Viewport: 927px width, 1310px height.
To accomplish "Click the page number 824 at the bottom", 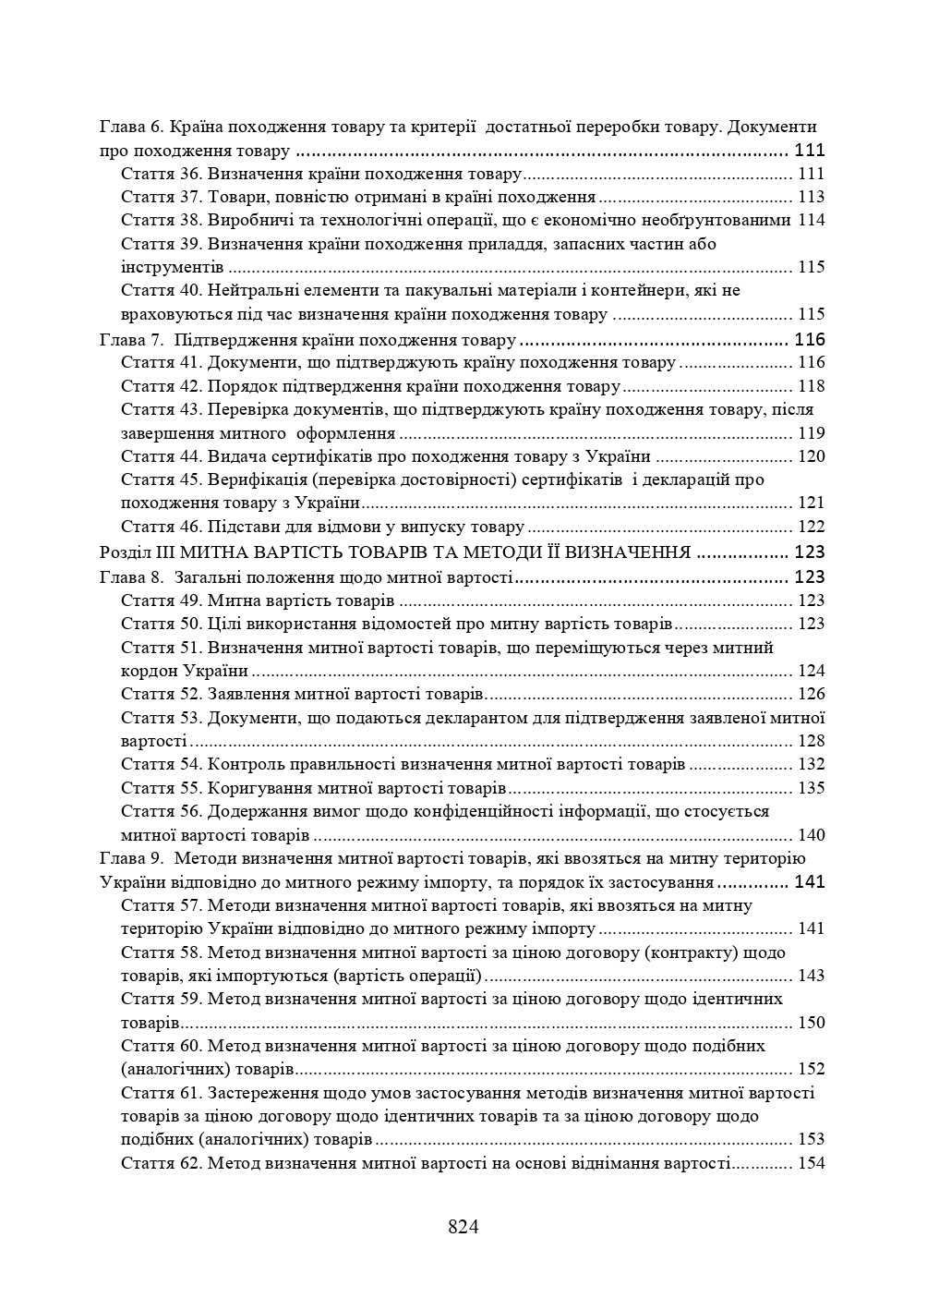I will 463,1227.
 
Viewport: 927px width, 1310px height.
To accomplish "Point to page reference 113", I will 811,197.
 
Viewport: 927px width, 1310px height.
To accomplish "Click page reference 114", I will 811,220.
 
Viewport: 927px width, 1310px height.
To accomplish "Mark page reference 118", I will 811,386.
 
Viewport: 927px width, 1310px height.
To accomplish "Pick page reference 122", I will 811,527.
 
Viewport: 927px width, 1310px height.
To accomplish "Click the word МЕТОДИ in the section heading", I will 535,552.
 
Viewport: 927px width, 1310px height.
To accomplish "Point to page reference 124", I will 811,671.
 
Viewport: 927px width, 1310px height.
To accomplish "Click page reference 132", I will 811,764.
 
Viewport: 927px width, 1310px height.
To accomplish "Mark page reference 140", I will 811,835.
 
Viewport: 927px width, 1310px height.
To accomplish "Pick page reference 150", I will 811,1023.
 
